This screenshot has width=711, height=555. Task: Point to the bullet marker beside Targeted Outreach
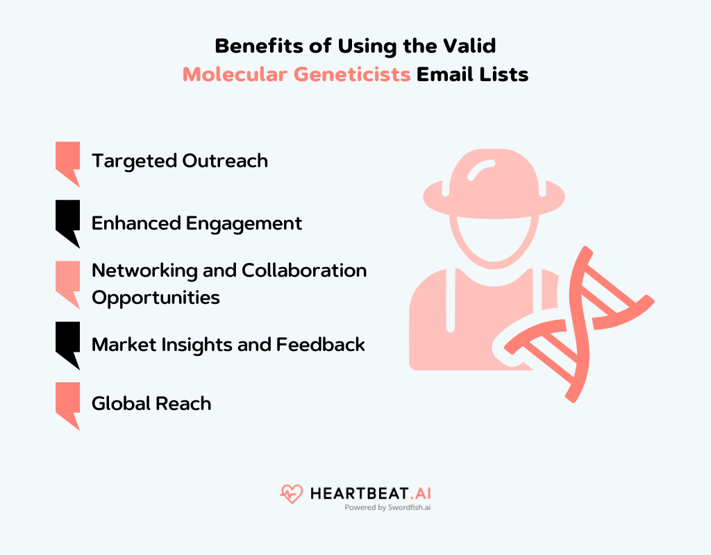click(x=67, y=162)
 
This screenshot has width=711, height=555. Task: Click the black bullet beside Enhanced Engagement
click(x=67, y=223)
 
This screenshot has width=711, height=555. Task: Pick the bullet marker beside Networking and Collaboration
click(x=67, y=282)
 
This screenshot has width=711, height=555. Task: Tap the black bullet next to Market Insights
click(x=67, y=343)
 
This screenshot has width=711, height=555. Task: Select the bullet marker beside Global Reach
click(x=67, y=404)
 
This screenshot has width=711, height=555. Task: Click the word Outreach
click(x=225, y=161)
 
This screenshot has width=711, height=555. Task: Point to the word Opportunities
click(x=156, y=298)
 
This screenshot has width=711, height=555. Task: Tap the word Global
click(x=120, y=404)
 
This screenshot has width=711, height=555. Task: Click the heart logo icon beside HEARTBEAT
click(x=292, y=494)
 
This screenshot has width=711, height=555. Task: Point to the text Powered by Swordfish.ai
click(x=387, y=508)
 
